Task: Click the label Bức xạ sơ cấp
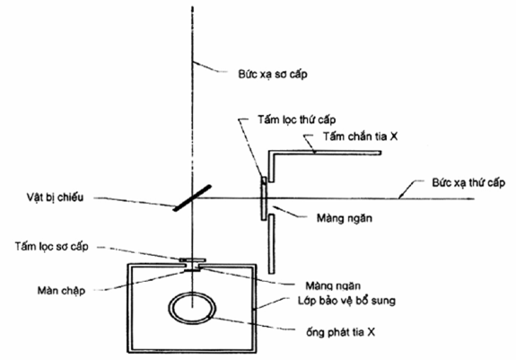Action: [273, 74]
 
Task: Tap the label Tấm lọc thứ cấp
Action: [296, 119]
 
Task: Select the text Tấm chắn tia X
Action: [360, 136]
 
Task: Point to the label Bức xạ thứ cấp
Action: [468, 182]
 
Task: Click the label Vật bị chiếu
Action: [55, 198]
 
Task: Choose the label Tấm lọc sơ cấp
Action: [52, 246]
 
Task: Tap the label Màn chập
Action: [61, 291]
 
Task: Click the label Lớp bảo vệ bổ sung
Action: [347, 301]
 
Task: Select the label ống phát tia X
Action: [341, 332]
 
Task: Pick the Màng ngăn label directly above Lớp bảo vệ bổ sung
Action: [333, 285]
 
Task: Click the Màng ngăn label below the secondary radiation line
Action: [345, 218]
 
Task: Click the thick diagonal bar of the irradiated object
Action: [193, 198]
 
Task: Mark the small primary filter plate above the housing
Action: [192, 260]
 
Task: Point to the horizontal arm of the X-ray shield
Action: [325, 153]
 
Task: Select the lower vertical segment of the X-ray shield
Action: [271, 244]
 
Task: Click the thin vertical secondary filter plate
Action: [264, 198]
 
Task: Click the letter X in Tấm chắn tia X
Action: [394, 136]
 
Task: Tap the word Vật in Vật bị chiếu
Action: [34, 198]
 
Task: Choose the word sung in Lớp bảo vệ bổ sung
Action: [383, 301]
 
